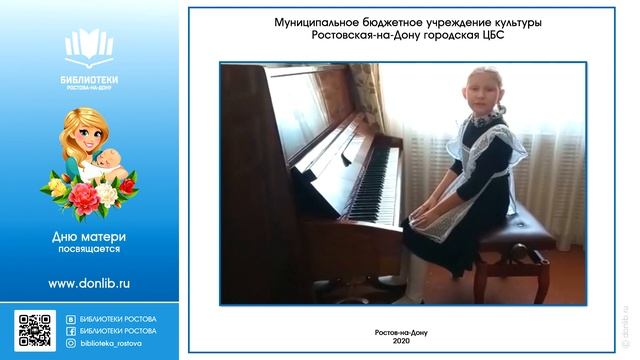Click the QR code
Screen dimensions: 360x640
(x=35, y=330)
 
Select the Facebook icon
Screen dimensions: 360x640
(x=70, y=330)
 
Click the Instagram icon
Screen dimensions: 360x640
(x=70, y=342)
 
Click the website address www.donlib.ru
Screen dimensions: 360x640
(x=89, y=284)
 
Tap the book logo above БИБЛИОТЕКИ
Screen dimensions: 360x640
(x=90, y=46)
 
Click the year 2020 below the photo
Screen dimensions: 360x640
(x=401, y=341)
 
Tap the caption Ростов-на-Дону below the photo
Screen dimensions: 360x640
(x=401, y=331)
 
